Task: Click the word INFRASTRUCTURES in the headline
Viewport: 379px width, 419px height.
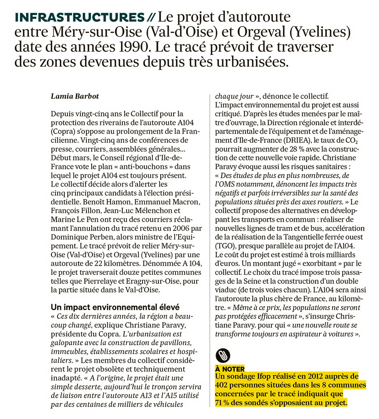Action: tap(79, 17)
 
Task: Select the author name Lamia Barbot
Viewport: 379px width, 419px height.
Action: tap(75, 96)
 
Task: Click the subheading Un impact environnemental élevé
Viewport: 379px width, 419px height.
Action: tap(115, 307)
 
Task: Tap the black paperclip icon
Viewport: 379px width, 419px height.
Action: tap(223, 355)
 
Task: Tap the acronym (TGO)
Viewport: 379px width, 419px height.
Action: tap(224, 246)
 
